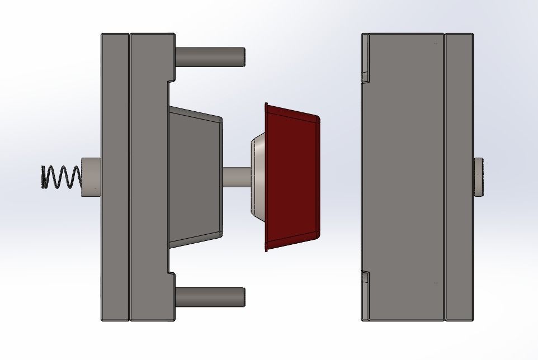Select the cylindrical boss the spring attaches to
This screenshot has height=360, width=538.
[91, 177]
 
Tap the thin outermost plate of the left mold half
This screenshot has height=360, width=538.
[115, 177]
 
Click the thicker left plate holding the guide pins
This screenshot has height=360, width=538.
[148, 177]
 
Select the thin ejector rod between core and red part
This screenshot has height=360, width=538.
[236, 177]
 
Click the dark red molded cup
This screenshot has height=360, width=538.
[292, 177]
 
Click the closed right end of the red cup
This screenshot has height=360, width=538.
[318, 177]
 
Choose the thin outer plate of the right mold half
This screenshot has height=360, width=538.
[459, 177]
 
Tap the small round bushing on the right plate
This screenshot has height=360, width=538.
[479, 177]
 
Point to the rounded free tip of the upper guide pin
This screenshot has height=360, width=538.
[243, 57]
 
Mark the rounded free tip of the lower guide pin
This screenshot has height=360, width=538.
[243, 297]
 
